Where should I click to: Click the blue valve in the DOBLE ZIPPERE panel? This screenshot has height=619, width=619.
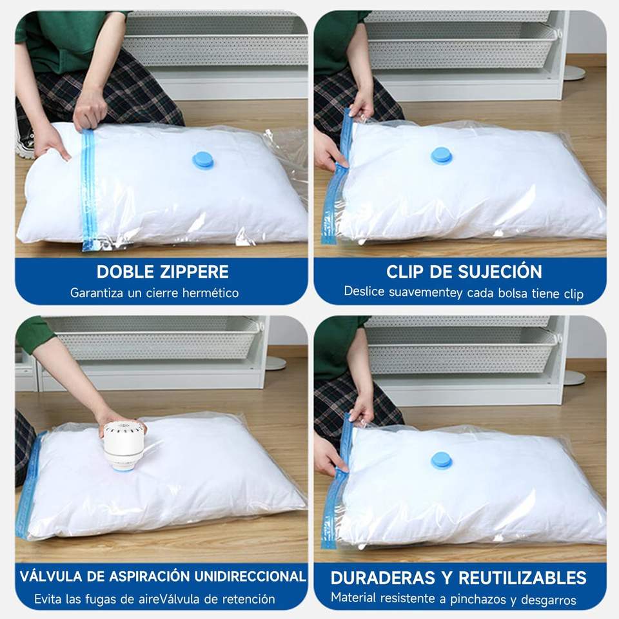(x=203, y=161)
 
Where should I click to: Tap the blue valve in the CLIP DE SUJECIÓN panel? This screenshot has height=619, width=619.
(x=441, y=155)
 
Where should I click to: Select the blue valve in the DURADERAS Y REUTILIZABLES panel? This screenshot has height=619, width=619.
(x=441, y=460)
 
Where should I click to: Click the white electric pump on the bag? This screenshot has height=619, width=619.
(x=123, y=446)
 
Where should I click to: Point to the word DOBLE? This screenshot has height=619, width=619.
(x=125, y=271)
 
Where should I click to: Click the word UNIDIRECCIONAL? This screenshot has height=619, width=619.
(x=250, y=576)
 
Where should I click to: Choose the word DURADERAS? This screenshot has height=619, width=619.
(x=382, y=578)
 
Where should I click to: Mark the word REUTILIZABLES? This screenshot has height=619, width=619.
(x=522, y=578)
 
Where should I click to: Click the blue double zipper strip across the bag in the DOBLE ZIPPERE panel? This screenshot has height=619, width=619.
(x=89, y=190)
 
